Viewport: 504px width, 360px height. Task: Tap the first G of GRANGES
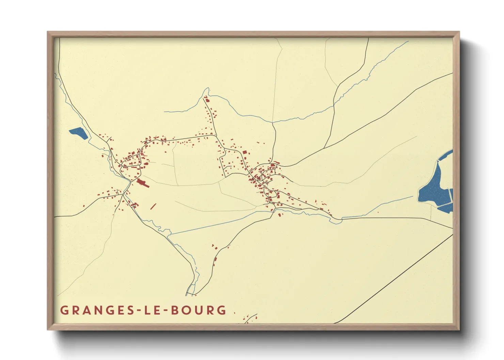(x=64, y=310)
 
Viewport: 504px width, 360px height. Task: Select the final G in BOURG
(x=222, y=310)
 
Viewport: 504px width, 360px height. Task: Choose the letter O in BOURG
(x=187, y=310)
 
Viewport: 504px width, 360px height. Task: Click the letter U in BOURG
(x=199, y=310)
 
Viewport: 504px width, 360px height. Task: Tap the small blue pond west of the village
(x=79, y=133)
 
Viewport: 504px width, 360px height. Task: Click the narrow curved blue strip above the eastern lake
(x=445, y=155)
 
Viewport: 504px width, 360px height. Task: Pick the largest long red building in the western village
(x=143, y=183)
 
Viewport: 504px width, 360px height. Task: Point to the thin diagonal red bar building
(x=153, y=206)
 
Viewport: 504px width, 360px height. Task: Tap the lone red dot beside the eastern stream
(x=378, y=212)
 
